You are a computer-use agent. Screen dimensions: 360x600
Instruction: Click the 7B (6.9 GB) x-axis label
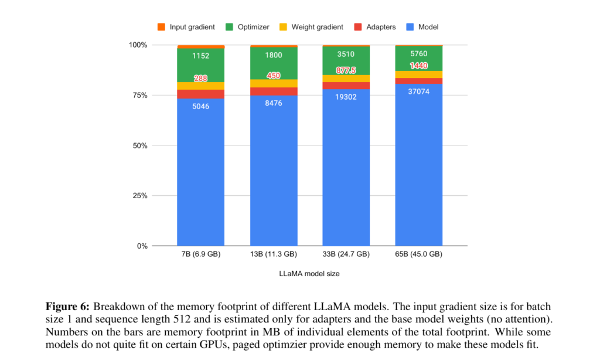tap(200, 254)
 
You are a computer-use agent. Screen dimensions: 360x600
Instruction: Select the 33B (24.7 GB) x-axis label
tap(346, 254)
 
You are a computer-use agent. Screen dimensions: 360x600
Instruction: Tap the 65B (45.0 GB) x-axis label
tap(418, 254)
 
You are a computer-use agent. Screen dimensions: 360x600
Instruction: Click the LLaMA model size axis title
tap(309, 274)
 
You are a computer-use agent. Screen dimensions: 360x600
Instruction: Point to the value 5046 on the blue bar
tap(200, 108)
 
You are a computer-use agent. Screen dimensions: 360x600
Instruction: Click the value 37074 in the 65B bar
tap(418, 91)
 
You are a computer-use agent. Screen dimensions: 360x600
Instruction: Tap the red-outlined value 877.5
tap(346, 70)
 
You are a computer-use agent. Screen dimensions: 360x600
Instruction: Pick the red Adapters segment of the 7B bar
tap(200, 94)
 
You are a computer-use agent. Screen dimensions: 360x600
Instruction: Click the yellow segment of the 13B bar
tap(273, 83)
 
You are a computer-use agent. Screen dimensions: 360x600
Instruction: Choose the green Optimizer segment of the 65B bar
tap(418, 59)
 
